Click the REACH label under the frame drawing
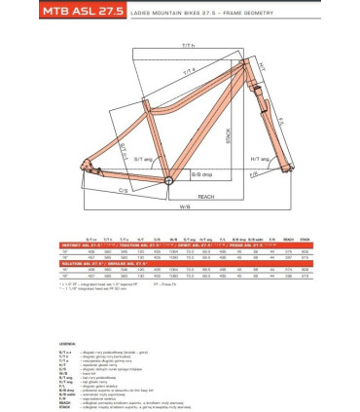(x=205, y=196)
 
